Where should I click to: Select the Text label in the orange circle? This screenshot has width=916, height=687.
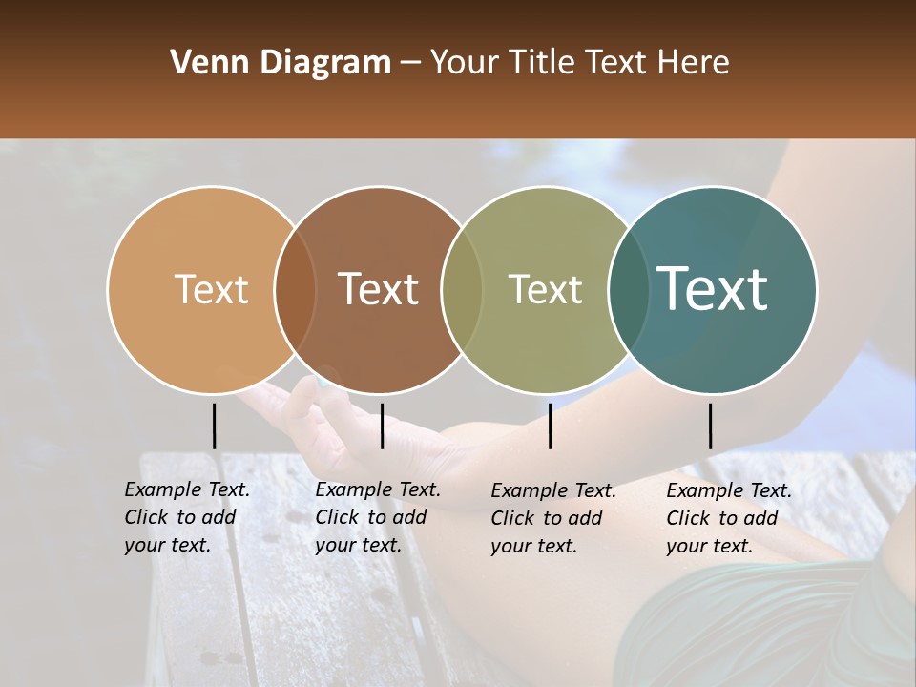point(211,289)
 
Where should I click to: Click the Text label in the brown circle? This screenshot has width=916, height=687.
point(378,289)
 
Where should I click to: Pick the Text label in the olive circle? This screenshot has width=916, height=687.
point(545,289)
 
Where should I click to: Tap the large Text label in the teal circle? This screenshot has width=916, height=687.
point(713,289)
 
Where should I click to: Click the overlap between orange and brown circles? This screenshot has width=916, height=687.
point(295,289)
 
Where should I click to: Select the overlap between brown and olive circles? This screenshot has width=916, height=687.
point(462,289)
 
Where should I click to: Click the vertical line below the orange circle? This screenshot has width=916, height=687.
point(214,426)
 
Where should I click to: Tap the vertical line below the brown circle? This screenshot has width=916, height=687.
point(382,426)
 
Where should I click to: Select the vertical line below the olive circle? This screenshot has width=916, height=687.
point(550,426)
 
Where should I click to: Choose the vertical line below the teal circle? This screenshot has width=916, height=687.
point(710,426)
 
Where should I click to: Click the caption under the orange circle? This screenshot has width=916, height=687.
point(186,517)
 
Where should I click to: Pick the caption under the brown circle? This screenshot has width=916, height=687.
point(377,517)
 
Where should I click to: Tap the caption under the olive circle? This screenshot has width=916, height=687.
point(552,518)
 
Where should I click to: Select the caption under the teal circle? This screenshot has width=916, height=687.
point(728,518)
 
